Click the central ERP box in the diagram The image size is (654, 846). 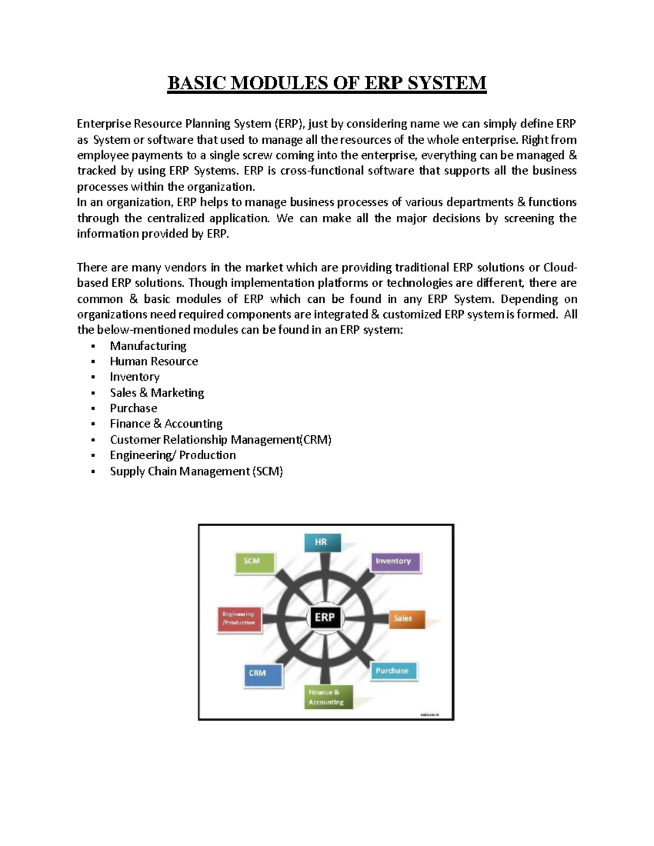click(325, 617)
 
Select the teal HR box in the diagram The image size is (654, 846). click(322, 543)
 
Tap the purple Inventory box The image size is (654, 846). click(395, 562)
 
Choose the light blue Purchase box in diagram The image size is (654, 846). click(393, 671)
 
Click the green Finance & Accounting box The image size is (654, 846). click(328, 697)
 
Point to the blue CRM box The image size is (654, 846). click(262, 673)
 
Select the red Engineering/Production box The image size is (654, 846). click(239, 618)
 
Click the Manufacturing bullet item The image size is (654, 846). click(148, 346)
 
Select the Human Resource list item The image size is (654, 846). click(154, 361)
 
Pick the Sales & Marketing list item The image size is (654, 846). click(157, 393)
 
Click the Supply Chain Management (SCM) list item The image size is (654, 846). click(196, 471)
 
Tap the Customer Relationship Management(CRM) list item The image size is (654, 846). click(220, 440)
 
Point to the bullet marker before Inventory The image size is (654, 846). click(94, 378)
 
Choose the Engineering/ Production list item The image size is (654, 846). click(173, 455)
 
